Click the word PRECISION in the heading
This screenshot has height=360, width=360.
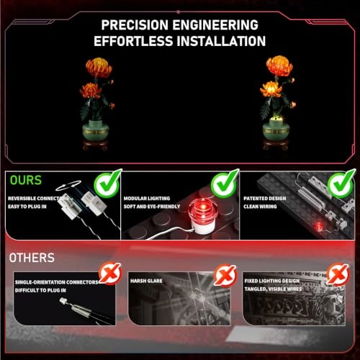[135, 25]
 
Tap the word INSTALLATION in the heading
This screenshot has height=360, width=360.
[221, 41]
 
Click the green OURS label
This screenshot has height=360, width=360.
[26, 180]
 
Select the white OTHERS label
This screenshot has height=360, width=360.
[32, 258]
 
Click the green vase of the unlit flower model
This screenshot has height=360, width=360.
[96, 130]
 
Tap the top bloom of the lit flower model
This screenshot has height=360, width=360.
[279, 66]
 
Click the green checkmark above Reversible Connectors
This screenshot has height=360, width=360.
[107, 184]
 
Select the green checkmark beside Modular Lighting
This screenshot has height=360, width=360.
[225, 184]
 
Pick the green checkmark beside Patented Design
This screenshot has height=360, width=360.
[341, 184]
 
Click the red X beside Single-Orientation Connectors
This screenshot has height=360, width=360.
[111, 273]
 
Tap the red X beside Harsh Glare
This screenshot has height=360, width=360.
[225, 275]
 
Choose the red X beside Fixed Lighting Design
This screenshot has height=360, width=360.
[338, 274]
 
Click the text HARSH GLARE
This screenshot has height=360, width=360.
[146, 281]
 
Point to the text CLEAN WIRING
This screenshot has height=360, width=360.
[260, 207]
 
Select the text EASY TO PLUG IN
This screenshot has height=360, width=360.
[27, 207]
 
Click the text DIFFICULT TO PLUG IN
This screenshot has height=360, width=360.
[40, 290]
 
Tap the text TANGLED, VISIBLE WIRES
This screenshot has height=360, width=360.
[273, 289]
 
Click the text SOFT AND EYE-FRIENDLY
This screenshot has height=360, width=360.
[152, 207]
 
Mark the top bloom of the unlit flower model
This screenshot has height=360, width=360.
[99, 68]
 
